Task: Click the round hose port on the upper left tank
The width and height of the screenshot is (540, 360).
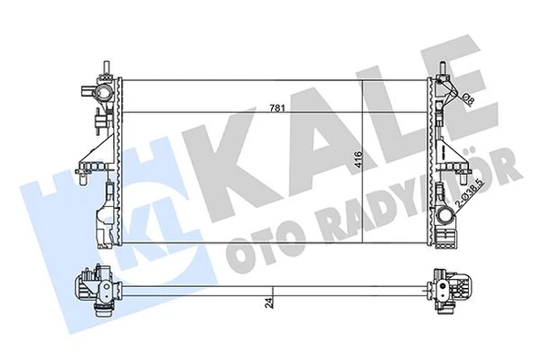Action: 108,94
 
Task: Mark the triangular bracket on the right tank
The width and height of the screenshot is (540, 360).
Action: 453,150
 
